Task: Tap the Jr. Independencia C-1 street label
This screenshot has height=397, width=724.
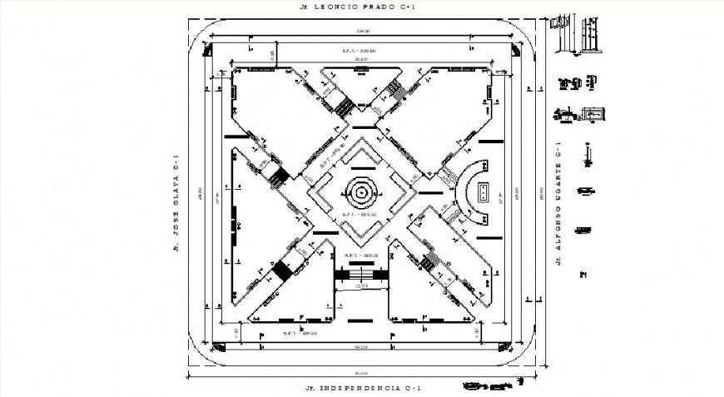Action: coord(362,389)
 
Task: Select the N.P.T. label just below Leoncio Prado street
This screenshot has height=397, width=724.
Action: coord(360,51)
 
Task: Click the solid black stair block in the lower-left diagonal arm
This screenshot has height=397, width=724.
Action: coord(283,271)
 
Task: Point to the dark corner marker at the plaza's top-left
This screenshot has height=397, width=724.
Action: coord(206,52)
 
